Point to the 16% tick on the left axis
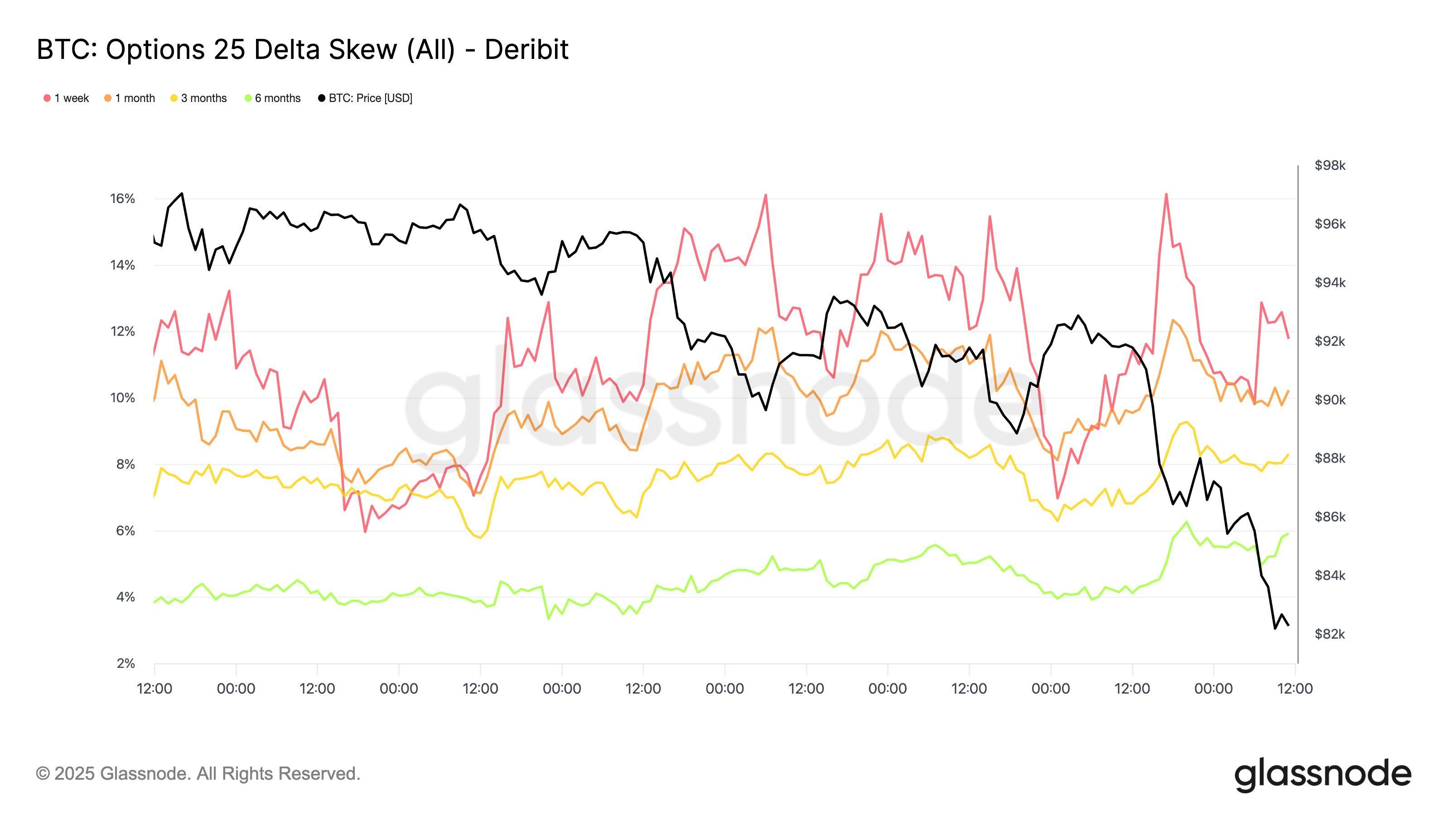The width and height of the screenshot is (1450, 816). coord(123,199)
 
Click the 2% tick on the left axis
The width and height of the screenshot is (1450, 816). coord(126,663)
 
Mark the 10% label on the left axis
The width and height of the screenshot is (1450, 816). coord(123,398)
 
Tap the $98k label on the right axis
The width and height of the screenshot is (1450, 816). coord(1329,165)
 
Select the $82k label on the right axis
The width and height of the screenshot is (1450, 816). coord(1329,634)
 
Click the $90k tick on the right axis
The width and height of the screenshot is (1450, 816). coord(1329,400)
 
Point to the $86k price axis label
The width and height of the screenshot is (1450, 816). coord(1329,517)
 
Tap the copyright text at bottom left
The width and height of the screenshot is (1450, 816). coord(198,774)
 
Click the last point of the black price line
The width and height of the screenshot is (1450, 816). coord(1288,625)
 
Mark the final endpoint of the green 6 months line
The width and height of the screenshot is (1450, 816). coord(1288,533)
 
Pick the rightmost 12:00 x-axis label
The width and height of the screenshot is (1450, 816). coord(1295,689)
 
